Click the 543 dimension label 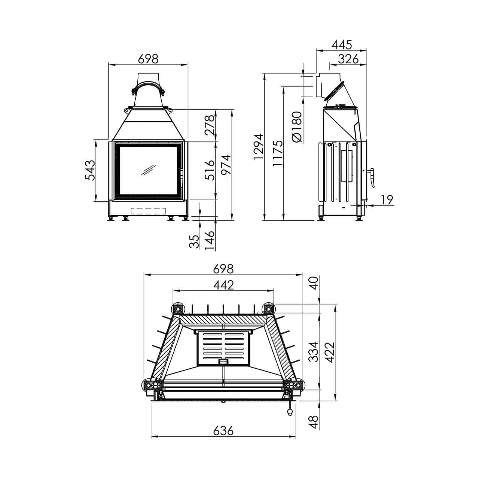(x=90, y=170)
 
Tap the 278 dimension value (x=209, y=125)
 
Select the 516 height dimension (x=209, y=170)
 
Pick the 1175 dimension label (x=277, y=153)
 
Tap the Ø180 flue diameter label (x=297, y=127)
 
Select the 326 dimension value (x=348, y=59)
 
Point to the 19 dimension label (x=387, y=200)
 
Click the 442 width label (x=223, y=285)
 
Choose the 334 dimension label (x=313, y=351)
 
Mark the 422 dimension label (x=330, y=353)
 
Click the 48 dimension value (x=313, y=422)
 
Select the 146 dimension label (x=209, y=241)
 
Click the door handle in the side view (x=372, y=177)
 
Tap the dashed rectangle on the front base (x=148, y=211)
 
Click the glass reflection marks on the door (x=148, y=170)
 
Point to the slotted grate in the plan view (x=223, y=348)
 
